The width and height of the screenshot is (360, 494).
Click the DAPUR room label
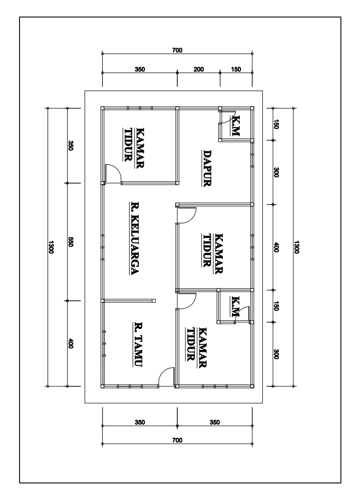pyautogui.click(x=206, y=169)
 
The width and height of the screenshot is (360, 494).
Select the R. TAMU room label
pyautogui.click(x=138, y=344)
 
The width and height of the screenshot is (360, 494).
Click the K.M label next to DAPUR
pyautogui.click(x=236, y=126)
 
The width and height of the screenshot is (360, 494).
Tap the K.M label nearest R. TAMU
pyautogui.click(x=235, y=306)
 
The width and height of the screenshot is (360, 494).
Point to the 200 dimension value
pyautogui.click(x=199, y=69)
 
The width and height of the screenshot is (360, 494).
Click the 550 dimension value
pyautogui.click(x=71, y=242)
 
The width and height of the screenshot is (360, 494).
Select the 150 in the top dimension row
pyautogui.click(x=236, y=69)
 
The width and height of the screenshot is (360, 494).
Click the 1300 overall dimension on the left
pyautogui.click(x=51, y=247)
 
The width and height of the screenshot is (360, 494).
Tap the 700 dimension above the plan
pyautogui.click(x=177, y=50)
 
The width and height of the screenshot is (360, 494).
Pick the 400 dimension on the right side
pyautogui.click(x=276, y=247)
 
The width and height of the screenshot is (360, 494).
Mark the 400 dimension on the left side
pyautogui.click(x=71, y=343)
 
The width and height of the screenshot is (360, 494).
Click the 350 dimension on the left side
pyautogui.click(x=71, y=146)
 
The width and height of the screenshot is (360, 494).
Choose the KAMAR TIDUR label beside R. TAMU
pyautogui.click(x=197, y=347)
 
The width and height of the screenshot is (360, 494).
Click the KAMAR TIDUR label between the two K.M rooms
pyautogui.click(x=212, y=253)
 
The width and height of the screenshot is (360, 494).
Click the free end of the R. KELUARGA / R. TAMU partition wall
pyautogui.click(x=154, y=301)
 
